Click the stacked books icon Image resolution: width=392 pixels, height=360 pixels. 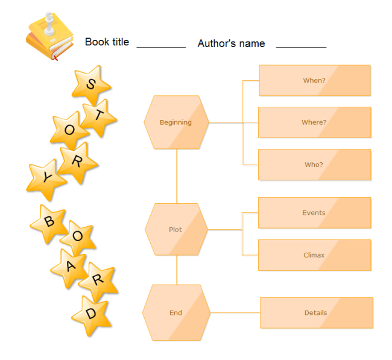pyautogui.click(x=49, y=37)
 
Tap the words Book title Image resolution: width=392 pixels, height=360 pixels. pyautogui.click(x=107, y=42)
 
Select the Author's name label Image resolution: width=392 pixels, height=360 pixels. pyautogui.click(x=231, y=43)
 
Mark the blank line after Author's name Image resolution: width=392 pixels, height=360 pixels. pyautogui.click(x=301, y=46)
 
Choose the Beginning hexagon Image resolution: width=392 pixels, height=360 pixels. pyautogui.click(x=176, y=122)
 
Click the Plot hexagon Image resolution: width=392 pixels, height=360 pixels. pyautogui.click(x=176, y=230)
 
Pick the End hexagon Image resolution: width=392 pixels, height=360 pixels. pyautogui.click(x=176, y=313)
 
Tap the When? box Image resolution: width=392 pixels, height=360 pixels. pyautogui.click(x=314, y=80)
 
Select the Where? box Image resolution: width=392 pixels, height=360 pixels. pyautogui.click(x=314, y=122)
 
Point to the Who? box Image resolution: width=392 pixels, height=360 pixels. pyautogui.click(x=314, y=165)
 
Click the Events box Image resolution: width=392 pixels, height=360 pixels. pyautogui.click(x=314, y=213)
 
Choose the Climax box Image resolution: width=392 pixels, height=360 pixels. pyautogui.click(x=314, y=255)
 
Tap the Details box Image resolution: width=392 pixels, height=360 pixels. pyautogui.click(x=316, y=313)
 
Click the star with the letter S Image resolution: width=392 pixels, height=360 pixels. pyautogui.click(x=91, y=84)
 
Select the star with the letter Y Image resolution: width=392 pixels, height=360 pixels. pyautogui.click(x=46, y=179)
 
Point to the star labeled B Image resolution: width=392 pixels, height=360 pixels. pyautogui.click(x=49, y=223)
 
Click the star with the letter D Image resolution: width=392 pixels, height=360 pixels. pyautogui.click(x=91, y=315)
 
